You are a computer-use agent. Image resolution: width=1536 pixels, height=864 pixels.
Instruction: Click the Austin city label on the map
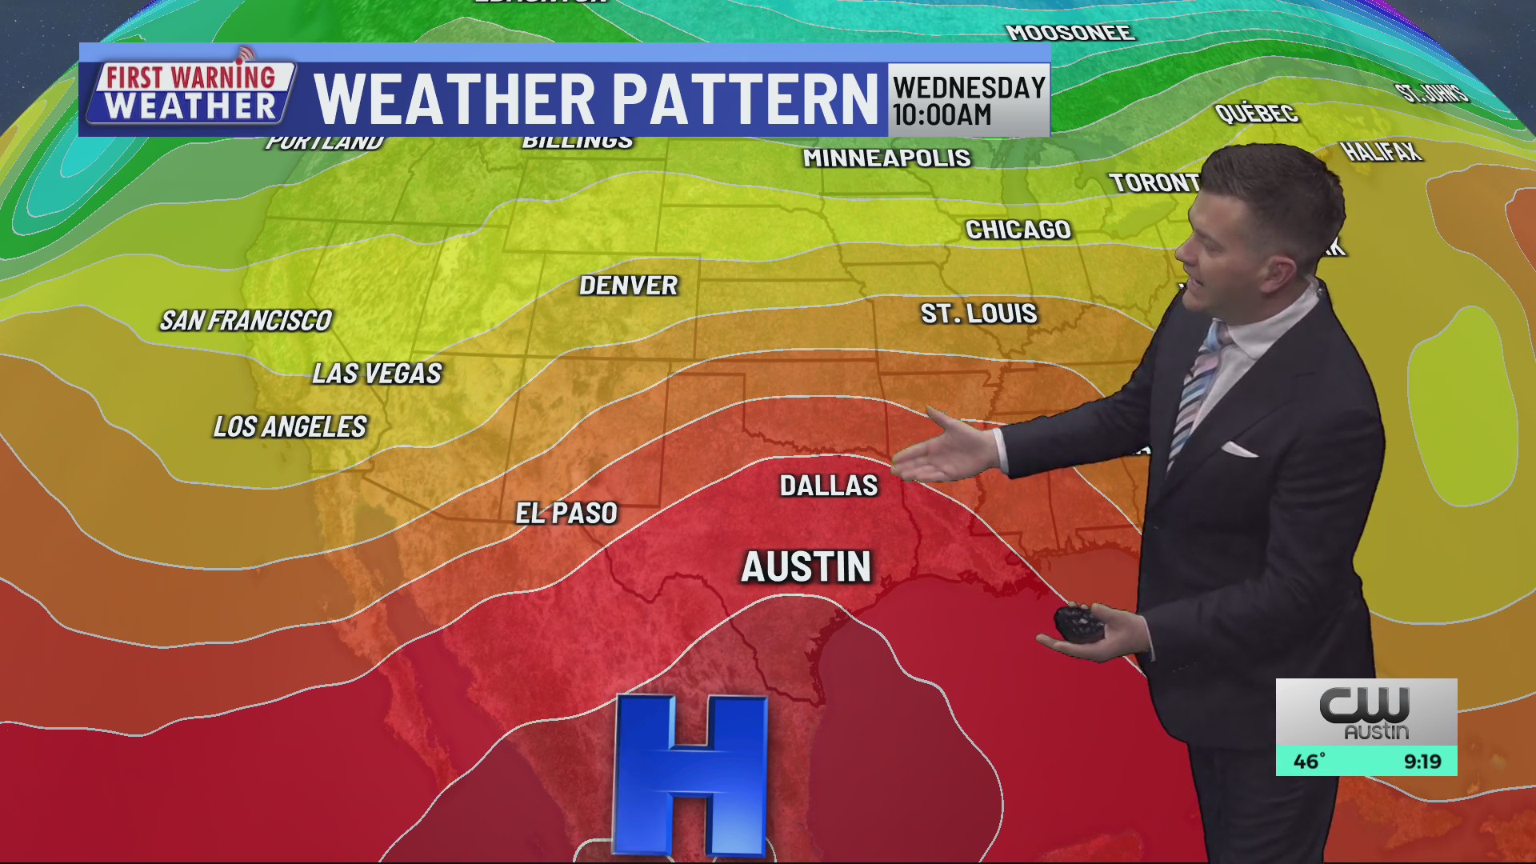(x=806, y=567)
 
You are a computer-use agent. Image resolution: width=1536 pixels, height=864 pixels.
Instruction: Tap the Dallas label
(x=829, y=486)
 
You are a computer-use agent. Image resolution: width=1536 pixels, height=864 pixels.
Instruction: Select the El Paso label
(x=566, y=513)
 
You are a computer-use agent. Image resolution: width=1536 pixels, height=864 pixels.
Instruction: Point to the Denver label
(x=629, y=286)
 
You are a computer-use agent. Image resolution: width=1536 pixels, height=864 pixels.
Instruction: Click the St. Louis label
(x=978, y=314)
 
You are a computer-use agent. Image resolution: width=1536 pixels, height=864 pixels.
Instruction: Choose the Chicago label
(x=1018, y=230)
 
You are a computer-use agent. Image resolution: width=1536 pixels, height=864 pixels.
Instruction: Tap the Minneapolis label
(x=886, y=158)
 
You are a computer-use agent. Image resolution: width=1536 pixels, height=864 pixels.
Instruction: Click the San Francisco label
(x=246, y=321)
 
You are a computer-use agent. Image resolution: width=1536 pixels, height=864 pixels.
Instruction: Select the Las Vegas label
(x=377, y=374)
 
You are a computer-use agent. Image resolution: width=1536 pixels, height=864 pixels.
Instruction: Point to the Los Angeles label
(x=290, y=427)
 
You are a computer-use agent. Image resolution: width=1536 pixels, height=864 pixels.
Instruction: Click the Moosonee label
(x=1070, y=33)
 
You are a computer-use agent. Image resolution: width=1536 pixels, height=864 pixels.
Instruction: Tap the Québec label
(x=1256, y=114)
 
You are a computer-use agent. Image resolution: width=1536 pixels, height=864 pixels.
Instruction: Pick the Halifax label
(x=1381, y=151)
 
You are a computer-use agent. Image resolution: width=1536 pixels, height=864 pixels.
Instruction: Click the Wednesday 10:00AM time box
(x=969, y=100)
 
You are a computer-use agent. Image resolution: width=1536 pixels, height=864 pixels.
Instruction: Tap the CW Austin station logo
(x=1366, y=711)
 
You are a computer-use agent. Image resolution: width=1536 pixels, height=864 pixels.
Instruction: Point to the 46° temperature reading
(x=1310, y=761)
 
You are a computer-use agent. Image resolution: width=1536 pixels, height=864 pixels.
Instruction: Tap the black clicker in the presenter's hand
(x=1079, y=623)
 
